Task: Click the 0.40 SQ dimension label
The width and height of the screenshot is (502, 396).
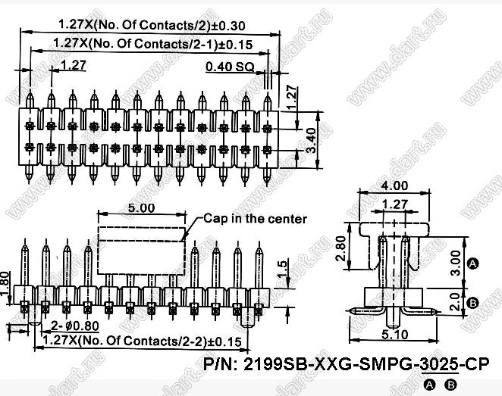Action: (230, 67)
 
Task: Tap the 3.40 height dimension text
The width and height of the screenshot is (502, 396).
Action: (310, 141)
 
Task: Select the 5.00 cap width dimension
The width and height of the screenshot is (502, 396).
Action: (141, 208)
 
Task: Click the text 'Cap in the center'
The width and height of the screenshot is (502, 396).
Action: (255, 219)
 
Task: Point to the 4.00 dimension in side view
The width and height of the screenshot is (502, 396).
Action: (395, 186)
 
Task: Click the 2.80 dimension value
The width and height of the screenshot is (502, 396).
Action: (340, 248)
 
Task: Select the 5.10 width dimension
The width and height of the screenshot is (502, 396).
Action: (395, 335)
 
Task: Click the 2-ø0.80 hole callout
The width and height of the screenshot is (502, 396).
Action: (75, 326)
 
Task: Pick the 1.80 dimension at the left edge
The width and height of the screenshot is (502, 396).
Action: (5, 284)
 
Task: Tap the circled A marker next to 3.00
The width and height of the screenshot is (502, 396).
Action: (473, 263)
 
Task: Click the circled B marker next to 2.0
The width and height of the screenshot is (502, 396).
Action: (473, 302)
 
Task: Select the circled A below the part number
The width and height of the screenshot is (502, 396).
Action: (429, 385)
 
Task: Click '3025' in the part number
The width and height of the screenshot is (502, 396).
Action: (439, 364)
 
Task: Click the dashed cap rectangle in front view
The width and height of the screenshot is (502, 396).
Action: (141, 251)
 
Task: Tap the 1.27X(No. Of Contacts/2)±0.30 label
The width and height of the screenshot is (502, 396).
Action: (152, 25)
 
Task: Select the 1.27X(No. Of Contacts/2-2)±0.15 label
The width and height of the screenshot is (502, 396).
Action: (142, 341)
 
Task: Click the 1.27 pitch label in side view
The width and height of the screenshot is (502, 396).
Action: (395, 204)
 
